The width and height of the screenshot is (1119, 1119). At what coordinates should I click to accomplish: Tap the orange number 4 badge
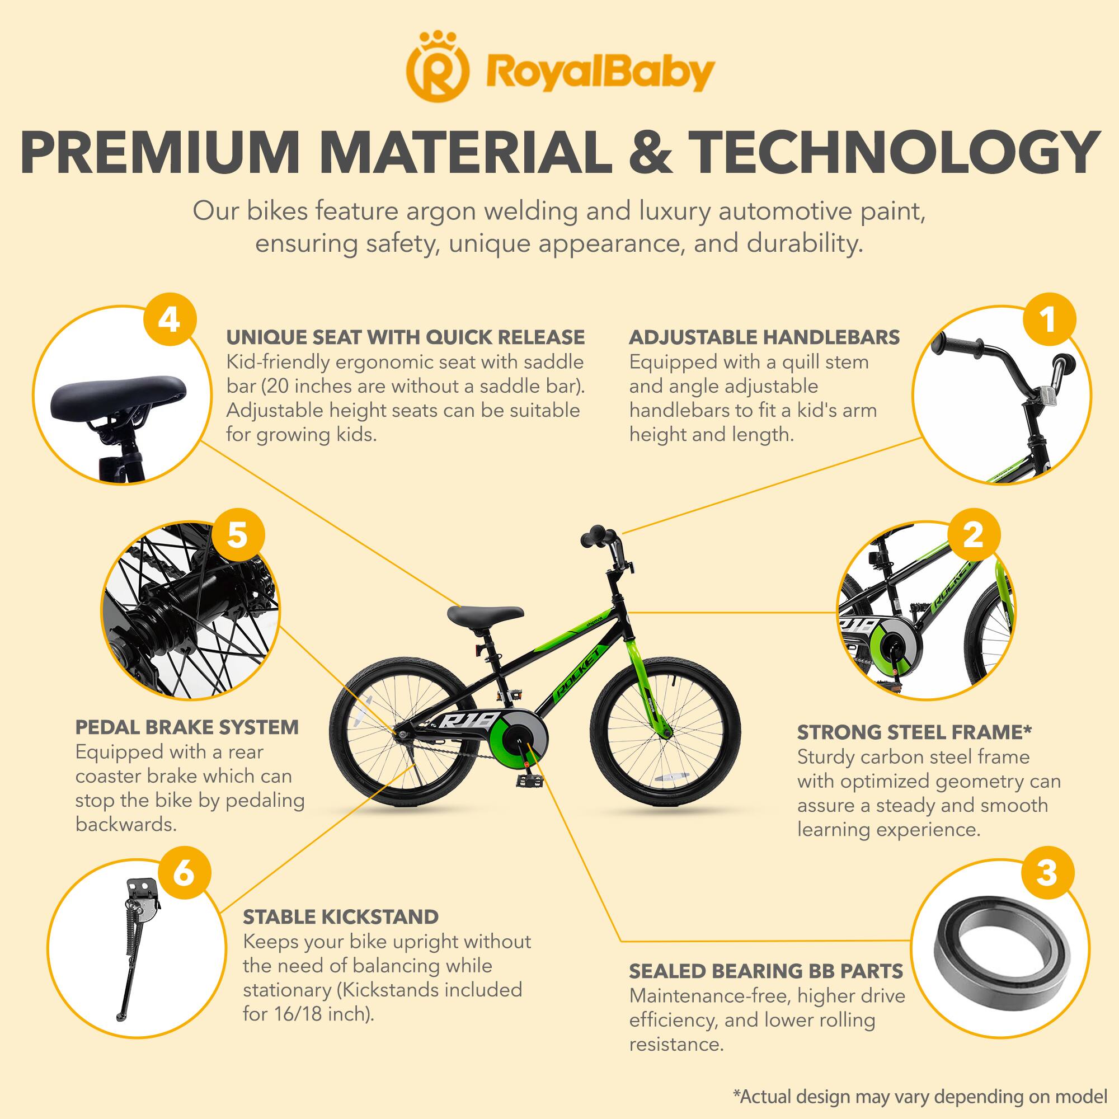[168, 320]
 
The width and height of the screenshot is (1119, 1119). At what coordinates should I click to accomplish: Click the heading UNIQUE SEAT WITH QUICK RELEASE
[405, 337]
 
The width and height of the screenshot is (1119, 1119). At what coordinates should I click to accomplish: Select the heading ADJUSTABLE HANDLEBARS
[764, 337]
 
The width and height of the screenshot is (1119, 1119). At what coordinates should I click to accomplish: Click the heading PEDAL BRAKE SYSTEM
[187, 727]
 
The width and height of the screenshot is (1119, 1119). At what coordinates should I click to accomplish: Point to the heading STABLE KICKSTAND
[341, 917]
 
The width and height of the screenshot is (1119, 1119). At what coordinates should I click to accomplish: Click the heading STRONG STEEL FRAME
[914, 732]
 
